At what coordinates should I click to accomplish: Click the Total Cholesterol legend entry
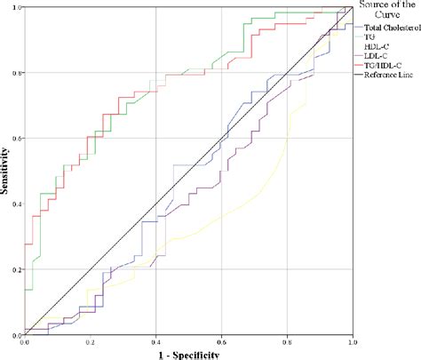point(391,28)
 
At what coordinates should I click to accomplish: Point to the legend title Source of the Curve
point(386,12)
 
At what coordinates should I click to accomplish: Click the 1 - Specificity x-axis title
point(188,353)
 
